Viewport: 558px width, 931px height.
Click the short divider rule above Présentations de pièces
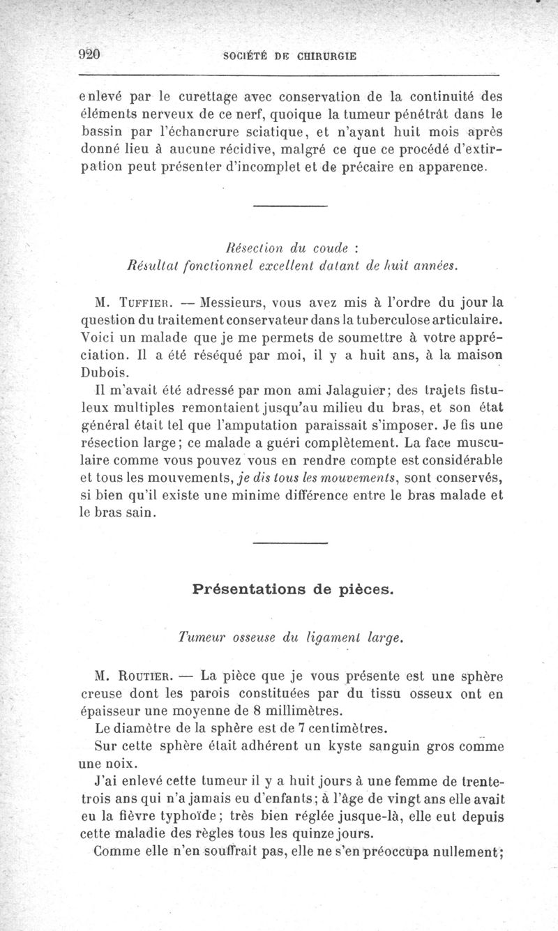(289, 543)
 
